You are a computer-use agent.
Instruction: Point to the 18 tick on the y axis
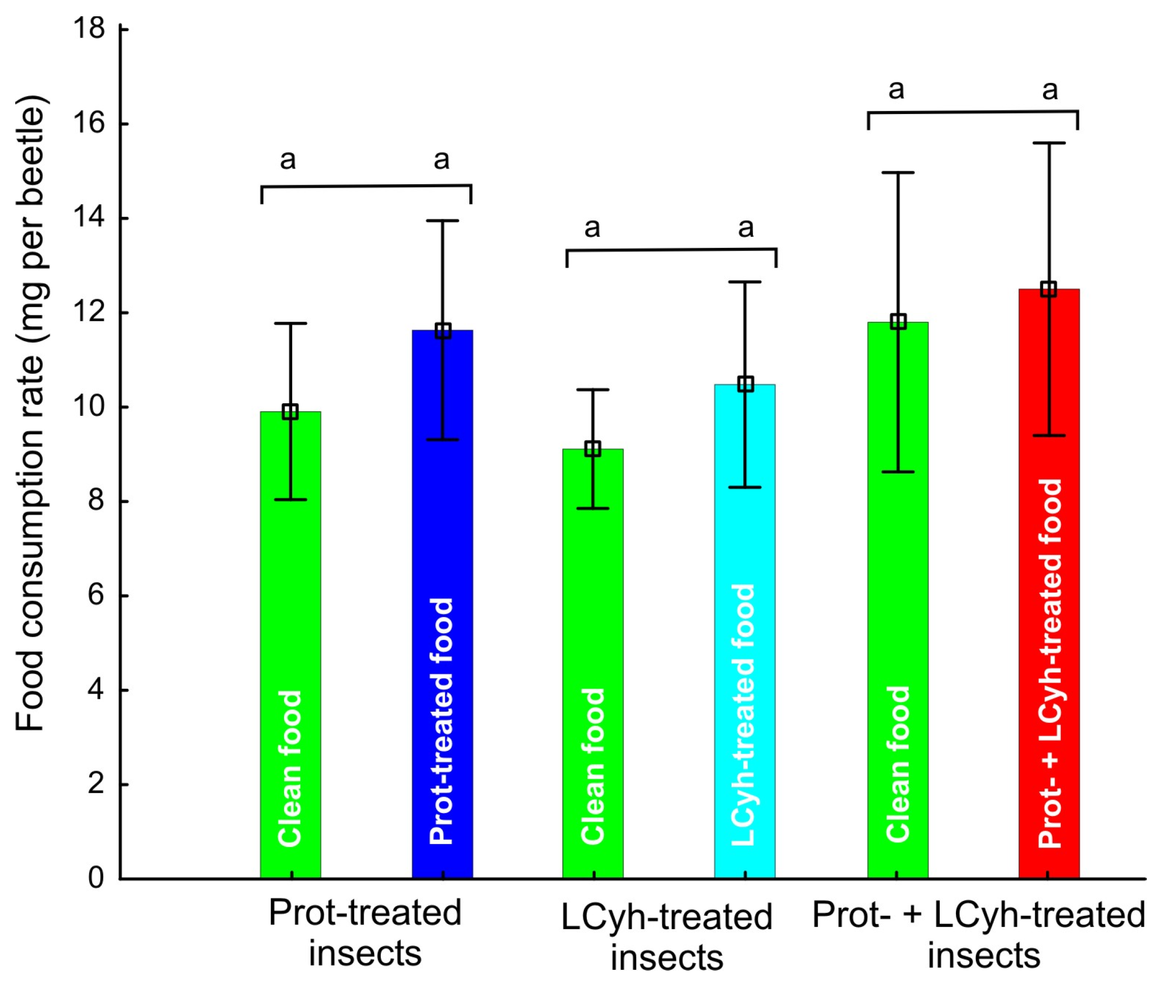point(89,28)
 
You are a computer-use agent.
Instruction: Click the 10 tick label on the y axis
point(89,407)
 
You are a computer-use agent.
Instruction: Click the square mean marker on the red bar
point(1049,289)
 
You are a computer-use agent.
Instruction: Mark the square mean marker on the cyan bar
point(745,384)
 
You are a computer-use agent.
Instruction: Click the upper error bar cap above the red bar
point(1049,143)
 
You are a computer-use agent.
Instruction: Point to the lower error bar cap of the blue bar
point(442,440)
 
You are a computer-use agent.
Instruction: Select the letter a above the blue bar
point(441,160)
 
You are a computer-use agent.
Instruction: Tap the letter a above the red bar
point(1050,90)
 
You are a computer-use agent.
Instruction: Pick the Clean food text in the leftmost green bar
point(290,769)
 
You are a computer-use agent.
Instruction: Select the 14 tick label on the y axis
point(89,218)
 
